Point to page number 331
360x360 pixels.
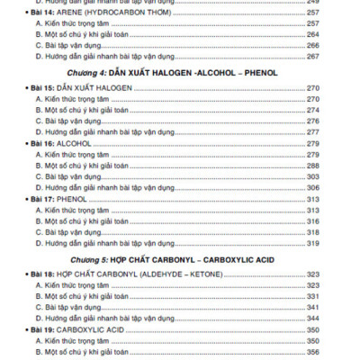313,296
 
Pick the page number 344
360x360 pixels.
313,318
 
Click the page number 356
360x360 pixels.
313,351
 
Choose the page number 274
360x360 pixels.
313,110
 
